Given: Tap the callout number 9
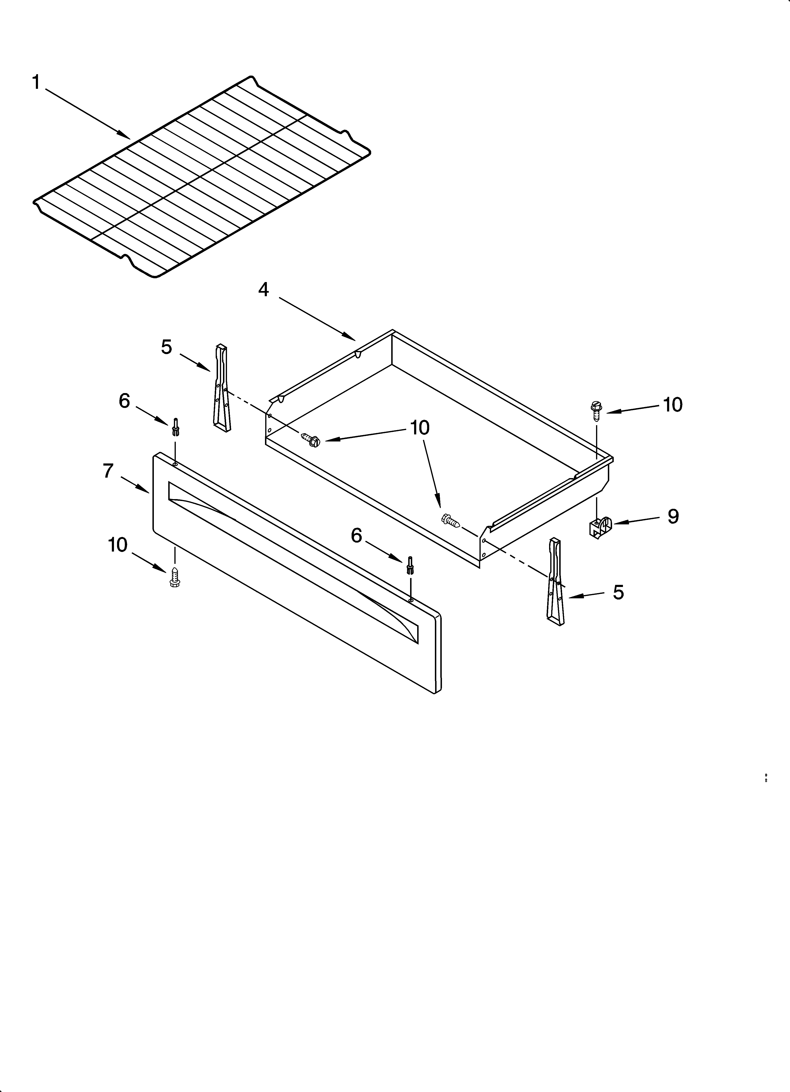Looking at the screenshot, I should coord(672,517).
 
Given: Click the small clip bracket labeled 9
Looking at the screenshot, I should coord(600,527).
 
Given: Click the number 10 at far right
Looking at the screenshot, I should coord(672,405).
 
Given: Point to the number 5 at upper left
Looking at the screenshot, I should coord(166,347).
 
